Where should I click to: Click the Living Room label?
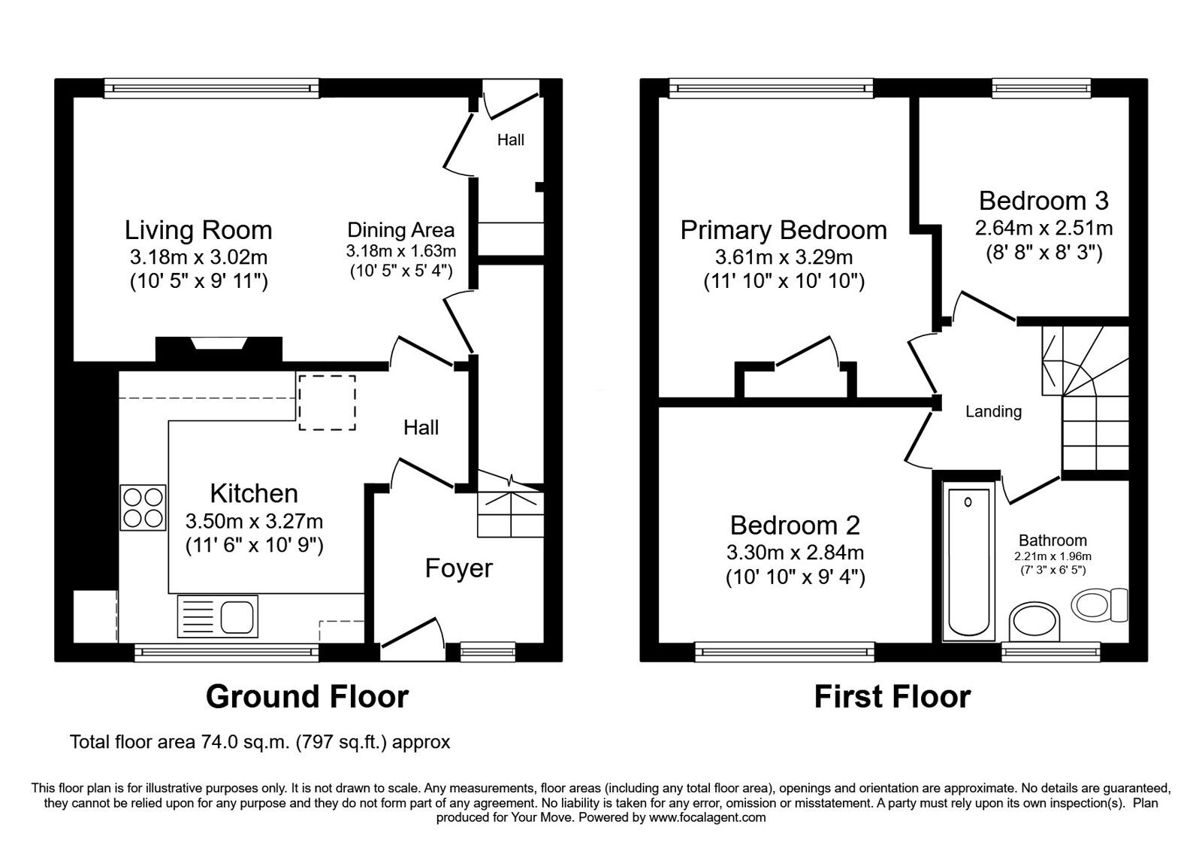(198, 230)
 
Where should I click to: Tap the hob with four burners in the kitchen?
(143, 508)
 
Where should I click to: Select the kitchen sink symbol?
(218, 617)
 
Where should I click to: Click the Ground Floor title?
(307, 697)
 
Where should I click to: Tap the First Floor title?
(892, 697)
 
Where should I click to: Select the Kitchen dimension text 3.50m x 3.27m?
(254, 520)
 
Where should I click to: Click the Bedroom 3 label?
(1043, 201)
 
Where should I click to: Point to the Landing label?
(993, 411)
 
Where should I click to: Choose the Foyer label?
(458, 568)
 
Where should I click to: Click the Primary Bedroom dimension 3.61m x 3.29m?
(784, 257)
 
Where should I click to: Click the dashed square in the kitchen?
(328, 402)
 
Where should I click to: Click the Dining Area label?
(400, 230)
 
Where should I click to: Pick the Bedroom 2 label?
(795, 525)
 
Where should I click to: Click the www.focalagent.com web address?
(707, 817)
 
